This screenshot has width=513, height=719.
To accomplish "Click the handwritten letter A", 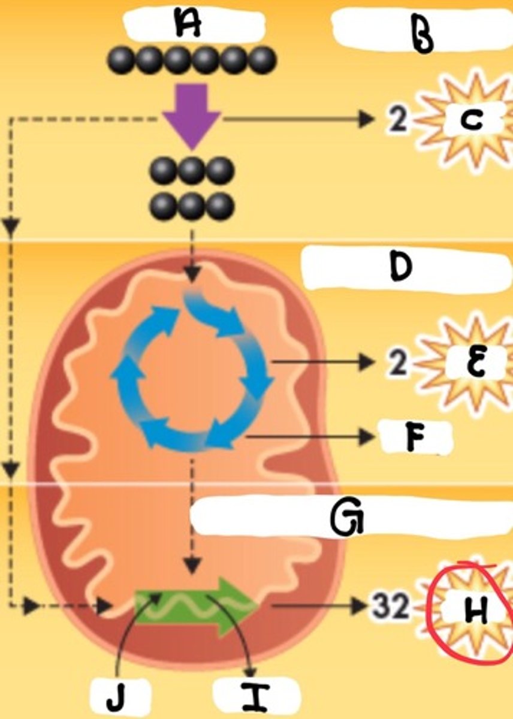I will pyautogui.click(x=188, y=26).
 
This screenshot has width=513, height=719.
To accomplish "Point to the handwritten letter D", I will pyautogui.click(x=400, y=268).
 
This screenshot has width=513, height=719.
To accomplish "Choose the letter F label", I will pyautogui.click(x=412, y=439).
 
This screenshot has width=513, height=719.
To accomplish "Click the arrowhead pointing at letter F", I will pyautogui.click(x=367, y=437).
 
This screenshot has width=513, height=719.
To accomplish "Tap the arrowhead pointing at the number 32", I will pyautogui.click(x=360, y=606).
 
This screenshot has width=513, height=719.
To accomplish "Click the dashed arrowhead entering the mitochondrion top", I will pyautogui.click(x=192, y=276).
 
